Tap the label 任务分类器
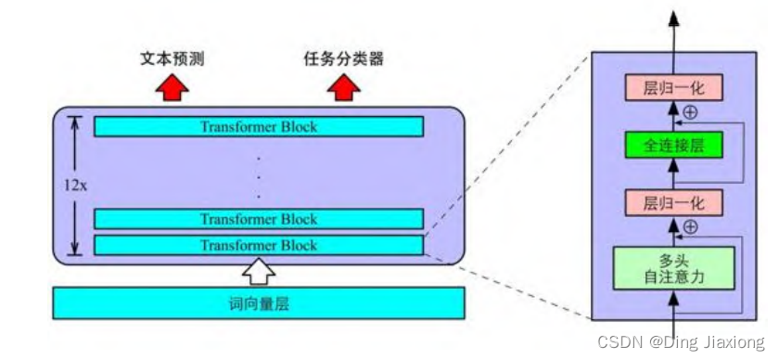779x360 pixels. [x=343, y=59]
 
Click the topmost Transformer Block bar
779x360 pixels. [x=259, y=127]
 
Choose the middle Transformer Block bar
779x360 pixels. [x=259, y=219]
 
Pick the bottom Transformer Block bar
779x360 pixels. [x=259, y=246]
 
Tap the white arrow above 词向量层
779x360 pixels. [x=260, y=271]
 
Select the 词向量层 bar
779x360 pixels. [x=259, y=302]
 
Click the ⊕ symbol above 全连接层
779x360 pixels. [x=689, y=113]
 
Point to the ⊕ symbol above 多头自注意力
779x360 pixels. [x=689, y=227]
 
